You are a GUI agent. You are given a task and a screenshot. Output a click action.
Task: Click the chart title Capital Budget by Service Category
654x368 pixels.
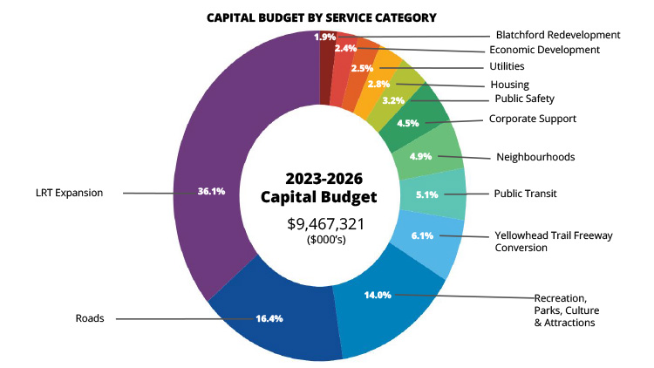pyautogui.click(x=321, y=17)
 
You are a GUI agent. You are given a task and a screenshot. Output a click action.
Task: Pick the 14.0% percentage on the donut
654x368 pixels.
pyautogui.click(x=378, y=295)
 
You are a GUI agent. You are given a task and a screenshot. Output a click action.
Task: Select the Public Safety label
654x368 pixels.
pyautogui.click(x=524, y=99)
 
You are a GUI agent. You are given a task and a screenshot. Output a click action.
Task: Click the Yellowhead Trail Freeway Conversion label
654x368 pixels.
pyautogui.click(x=547, y=241)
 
